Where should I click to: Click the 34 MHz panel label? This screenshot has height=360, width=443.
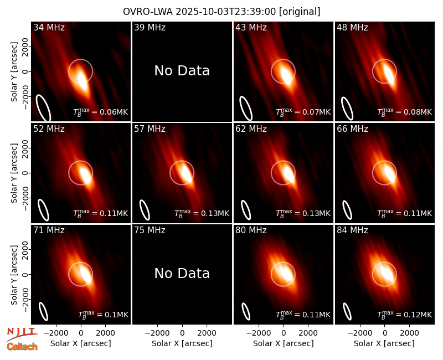pos(49,27)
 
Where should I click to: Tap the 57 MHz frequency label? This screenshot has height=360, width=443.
pos(150,129)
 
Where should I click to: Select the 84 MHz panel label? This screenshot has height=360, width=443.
pos(352,230)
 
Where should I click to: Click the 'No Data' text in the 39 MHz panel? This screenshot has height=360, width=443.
pos(182,71)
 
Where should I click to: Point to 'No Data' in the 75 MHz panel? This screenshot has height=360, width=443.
pos(182,274)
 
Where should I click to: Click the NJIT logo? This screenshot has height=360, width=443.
pos(22,333)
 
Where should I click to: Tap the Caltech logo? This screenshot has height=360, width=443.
pos(22,347)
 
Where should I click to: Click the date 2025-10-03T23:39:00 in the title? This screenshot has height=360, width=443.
pos(226,12)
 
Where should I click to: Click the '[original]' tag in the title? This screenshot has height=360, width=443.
pos(300,12)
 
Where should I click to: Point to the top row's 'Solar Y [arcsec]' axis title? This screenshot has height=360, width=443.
pos(14,72)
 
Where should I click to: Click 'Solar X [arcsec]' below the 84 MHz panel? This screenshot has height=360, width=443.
pos(384,343)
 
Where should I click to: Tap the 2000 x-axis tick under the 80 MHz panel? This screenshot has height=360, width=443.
pos(308,333)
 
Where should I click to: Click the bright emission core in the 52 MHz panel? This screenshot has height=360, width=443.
pos(85,174)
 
